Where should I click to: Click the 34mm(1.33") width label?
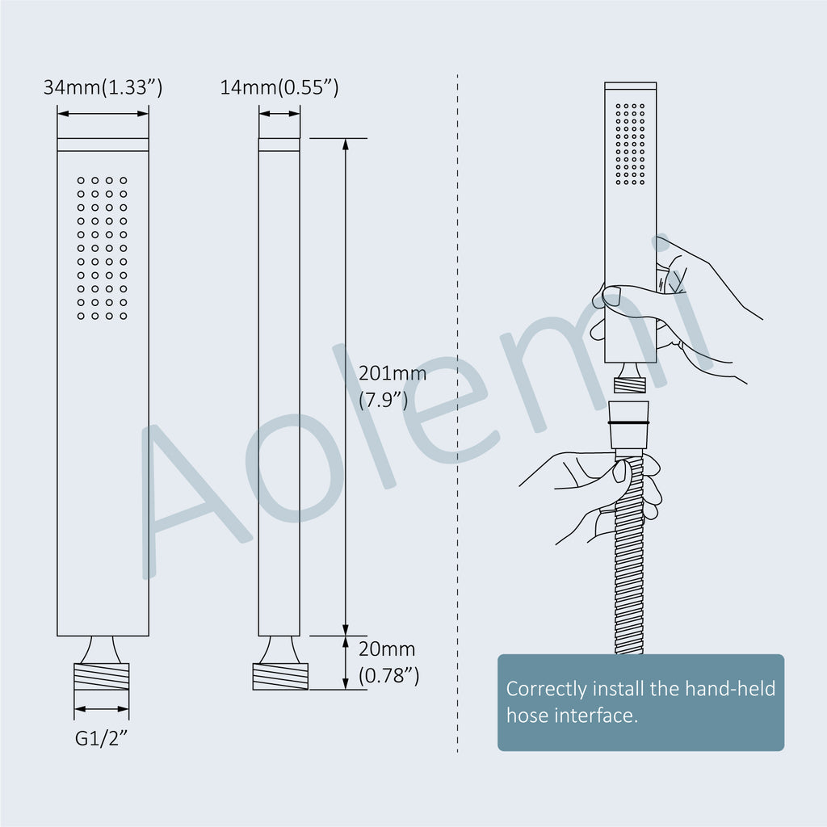click(x=103, y=87)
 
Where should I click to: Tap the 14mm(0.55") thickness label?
click(x=279, y=87)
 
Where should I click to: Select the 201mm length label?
click(x=393, y=373)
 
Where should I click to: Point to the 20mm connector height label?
click(x=387, y=649)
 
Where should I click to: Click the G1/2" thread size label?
click(x=101, y=738)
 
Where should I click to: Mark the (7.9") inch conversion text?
click(x=384, y=401)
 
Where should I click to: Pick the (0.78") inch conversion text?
click(x=388, y=676)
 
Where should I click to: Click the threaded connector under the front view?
click(x=102, y=676)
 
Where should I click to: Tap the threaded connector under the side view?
click(x=280, y=676)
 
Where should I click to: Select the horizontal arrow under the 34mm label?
click(x=103, y=113)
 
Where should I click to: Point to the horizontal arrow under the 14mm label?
click(x=279, y=113)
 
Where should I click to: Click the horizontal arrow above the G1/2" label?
click(x=102, y=709)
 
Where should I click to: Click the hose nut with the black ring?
click(x=628, y=425)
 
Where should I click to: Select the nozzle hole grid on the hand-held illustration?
click(x=630, y=144)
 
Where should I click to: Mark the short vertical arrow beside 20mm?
click(x=346, y=662)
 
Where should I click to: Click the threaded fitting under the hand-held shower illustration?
click(x=630, y=384)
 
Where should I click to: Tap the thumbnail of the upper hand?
click(x=612, y=296)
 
